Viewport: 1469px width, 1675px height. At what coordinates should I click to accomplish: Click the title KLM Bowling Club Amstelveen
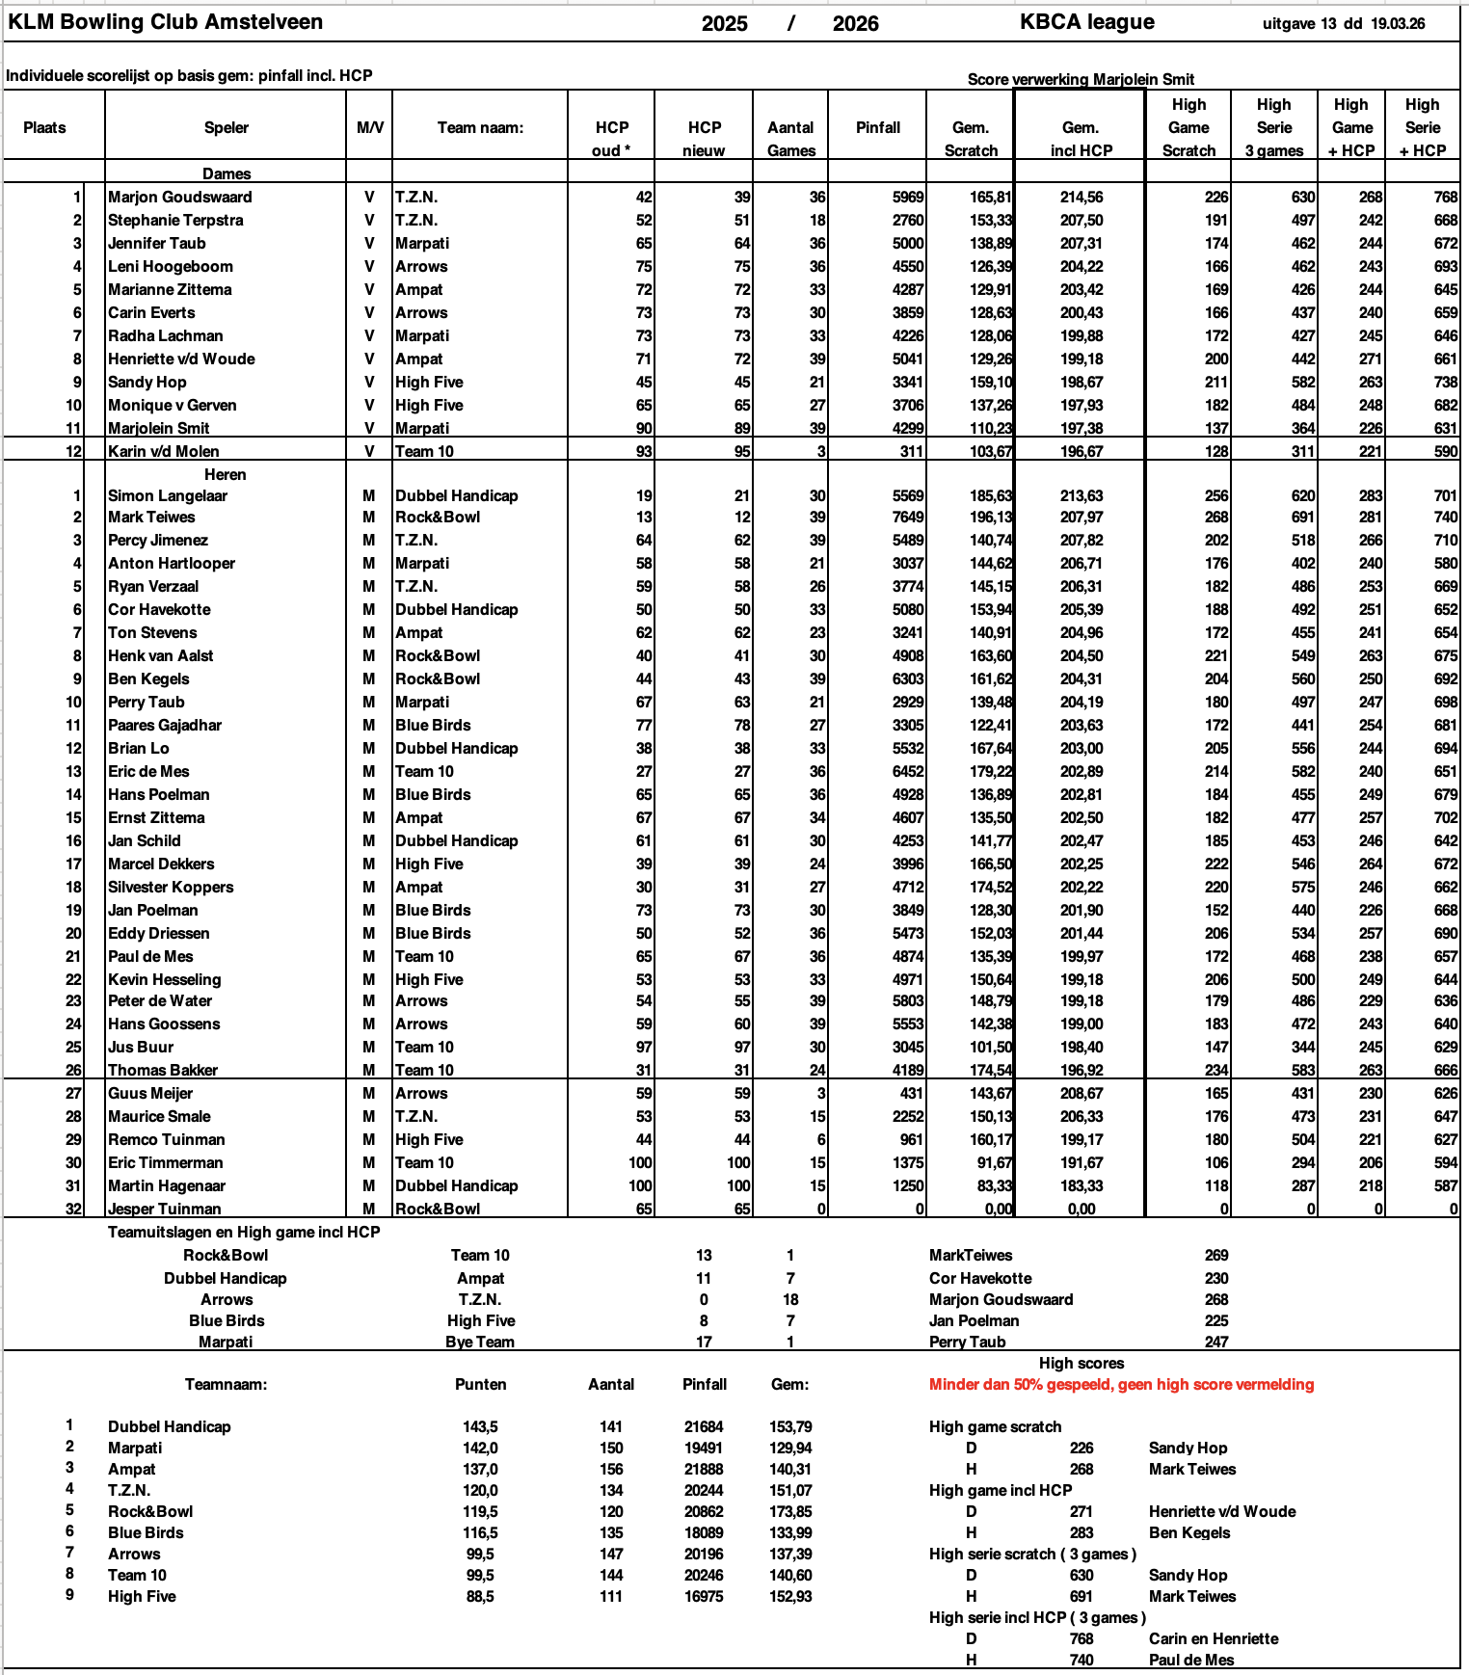tap(165, 22)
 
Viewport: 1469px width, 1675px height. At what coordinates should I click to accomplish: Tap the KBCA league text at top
tap(1086, 22)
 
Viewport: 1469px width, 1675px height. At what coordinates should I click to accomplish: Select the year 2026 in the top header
tap(855, 24)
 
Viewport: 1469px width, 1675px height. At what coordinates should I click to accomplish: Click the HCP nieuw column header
tap(704, 139)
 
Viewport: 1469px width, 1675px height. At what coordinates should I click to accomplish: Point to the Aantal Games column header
tap(790, 139)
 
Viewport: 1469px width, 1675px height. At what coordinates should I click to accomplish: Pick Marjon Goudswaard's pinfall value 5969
tap(907, 197)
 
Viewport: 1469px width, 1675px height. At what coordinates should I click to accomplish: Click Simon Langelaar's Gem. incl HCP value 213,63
tap(1081, 495)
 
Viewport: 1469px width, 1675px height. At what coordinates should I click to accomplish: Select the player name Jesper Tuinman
tap(164, 1209)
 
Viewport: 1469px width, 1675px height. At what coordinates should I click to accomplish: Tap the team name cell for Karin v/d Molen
tap(424, 451)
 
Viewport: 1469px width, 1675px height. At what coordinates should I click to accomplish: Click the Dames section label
tap(227, 173)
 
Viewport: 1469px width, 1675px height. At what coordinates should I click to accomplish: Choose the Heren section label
tap(225, 474)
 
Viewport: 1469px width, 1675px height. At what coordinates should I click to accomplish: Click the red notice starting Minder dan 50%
tap(1121, 1384)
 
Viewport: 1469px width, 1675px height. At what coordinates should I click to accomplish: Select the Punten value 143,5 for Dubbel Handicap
tap(480, 1426)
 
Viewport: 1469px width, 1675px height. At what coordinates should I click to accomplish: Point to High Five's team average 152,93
tap(790, 1596)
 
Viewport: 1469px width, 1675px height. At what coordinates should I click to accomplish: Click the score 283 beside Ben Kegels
tap(1082, 1532)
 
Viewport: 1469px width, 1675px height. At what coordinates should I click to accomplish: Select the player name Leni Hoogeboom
tap(170, 266)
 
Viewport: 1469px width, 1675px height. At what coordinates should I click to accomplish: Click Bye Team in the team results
tap(480, 1342)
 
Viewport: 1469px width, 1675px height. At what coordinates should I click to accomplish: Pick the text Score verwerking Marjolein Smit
tap(1081, 79)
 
